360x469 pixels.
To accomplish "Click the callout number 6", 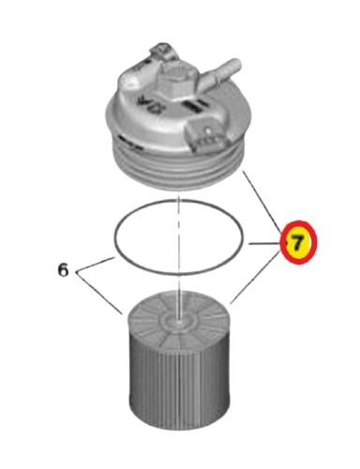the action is coord(63,270).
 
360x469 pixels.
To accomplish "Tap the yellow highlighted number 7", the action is coord(299,242).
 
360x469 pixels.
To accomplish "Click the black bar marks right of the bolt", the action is coord(195,106).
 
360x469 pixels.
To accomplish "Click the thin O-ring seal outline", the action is coord(179,200).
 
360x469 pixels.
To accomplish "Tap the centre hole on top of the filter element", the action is coord(178,321).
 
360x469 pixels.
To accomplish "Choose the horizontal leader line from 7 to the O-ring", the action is coord(264,243).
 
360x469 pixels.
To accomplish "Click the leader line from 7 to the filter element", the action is coord(255,279).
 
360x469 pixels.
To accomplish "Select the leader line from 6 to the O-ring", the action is coord(95,265).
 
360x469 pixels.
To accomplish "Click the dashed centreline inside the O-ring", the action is coord(178,237).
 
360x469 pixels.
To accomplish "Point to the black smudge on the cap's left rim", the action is coord(125,140).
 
